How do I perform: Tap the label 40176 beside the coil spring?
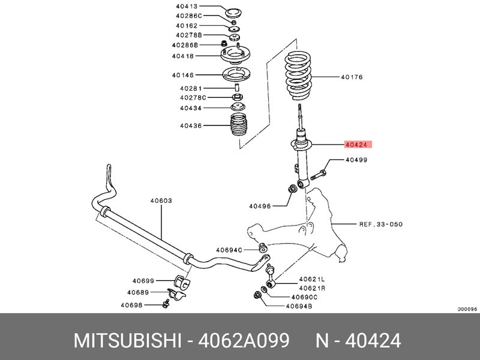coord(352,77)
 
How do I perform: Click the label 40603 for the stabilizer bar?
coord(161,200)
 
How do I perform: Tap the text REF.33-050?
coord(381,224)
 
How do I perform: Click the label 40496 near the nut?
coord(260,206)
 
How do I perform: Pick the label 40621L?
coord(312,279)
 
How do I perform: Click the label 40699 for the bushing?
coord(143,281)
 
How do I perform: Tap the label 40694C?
coord(229,250)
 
